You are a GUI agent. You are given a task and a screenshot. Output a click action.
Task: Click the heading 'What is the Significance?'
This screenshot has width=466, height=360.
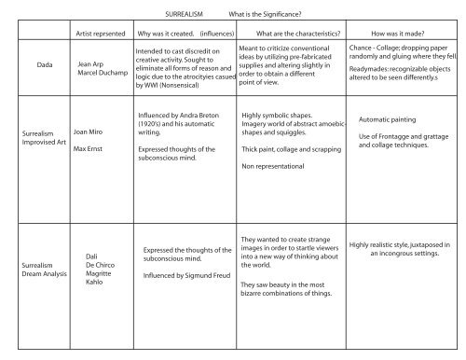pos(255,14)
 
